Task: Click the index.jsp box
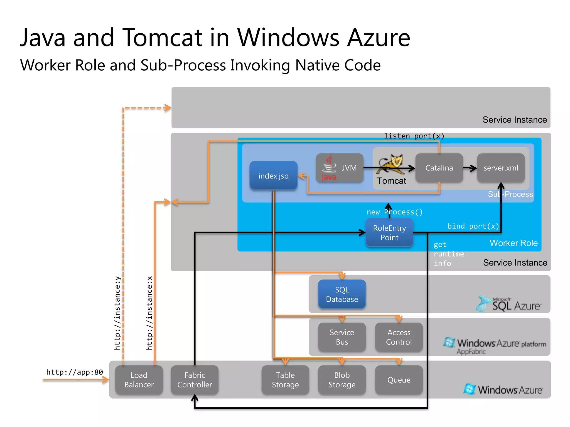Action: coord(273,176)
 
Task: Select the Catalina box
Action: coord(439,168)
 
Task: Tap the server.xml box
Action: coord(501,168)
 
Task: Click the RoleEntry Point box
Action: coord(389,233)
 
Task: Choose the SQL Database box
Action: coord(342,294)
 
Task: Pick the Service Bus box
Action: coord(342,337)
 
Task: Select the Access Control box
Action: coord(399,337)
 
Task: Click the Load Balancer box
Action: coord(139,380)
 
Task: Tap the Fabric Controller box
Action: coord(195,380)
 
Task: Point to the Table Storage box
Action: coord(285,380)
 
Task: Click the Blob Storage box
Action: coord(342,380)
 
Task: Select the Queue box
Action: coord(399,380)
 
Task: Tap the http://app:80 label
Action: coord(75,372)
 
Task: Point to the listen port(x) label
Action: coord(414,136)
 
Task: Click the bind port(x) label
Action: coord(473,226)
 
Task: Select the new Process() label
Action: coord(395,212)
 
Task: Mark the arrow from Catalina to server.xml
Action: coord(470,168)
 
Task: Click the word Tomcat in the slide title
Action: coord(162,38)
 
